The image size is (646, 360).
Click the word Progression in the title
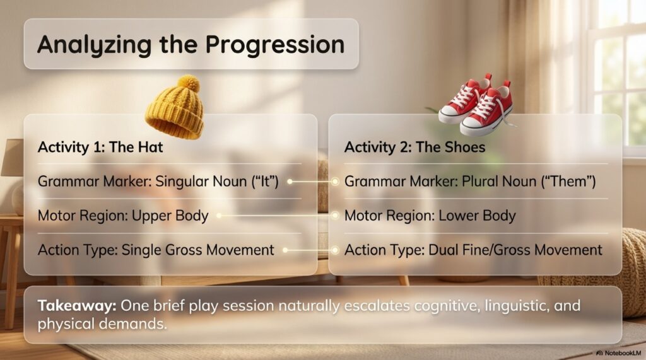point(275,45)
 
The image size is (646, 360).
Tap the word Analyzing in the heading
point(95,45)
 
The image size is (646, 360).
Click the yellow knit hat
point(175,107)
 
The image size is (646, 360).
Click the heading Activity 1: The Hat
point(100,147)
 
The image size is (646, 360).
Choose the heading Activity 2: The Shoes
point(415,147)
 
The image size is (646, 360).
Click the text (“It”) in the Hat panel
point(266,181)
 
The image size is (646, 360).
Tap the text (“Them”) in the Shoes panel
point(572,181)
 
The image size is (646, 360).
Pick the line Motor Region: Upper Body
point(123,216)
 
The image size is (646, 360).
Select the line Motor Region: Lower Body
point(430,216)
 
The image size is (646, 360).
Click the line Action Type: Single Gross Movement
point(156,250)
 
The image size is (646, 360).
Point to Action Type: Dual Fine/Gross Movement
point(473,250)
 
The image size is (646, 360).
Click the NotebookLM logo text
point(619,353)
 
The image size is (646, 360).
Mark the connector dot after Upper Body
point(219,216)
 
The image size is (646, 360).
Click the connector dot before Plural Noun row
point(335,181)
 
